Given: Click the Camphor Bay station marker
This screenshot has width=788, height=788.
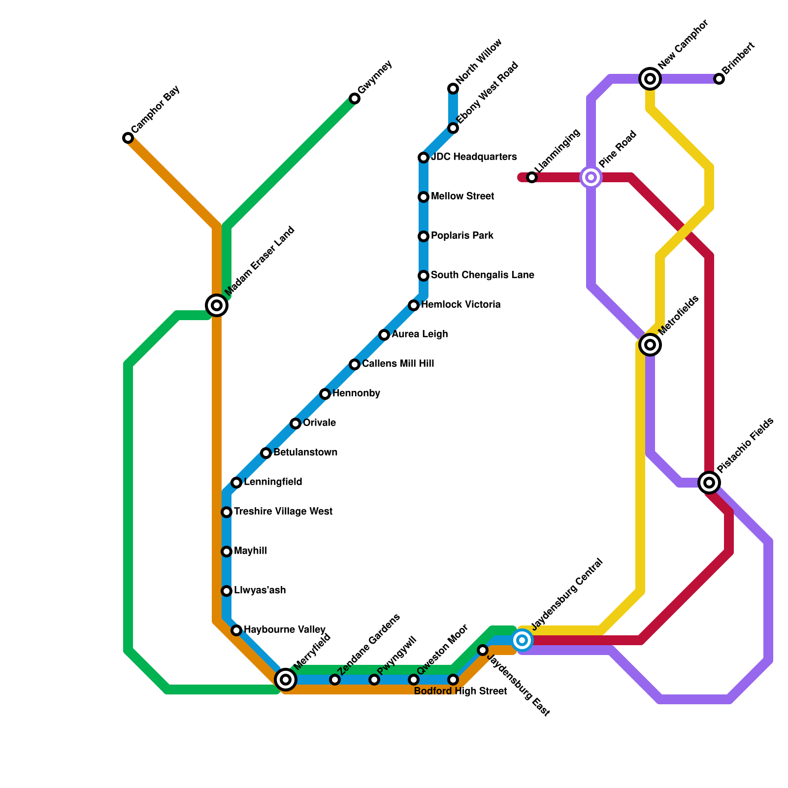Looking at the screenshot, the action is (x=128, y=138).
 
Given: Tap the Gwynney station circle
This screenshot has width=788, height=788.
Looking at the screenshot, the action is (x=355, y=98).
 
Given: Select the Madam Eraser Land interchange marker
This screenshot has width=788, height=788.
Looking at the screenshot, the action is (x=217, y=305).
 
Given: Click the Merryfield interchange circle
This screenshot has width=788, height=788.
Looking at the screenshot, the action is (x=286, y=680).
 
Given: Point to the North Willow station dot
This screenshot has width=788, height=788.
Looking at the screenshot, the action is (x=453, y=89).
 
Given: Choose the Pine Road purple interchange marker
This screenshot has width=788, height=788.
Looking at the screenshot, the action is (x=591, y=177).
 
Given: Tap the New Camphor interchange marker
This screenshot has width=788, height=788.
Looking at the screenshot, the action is (x=650, y=79).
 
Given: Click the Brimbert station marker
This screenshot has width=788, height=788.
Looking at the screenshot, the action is (x=719, y=79).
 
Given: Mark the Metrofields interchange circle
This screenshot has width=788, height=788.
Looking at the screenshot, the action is (x=650, y=345).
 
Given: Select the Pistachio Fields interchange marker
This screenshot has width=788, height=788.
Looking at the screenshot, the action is (x=709, y=483).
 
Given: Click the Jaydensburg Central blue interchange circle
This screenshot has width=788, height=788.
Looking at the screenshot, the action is (x=522, y=640).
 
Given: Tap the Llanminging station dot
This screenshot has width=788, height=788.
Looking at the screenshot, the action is (x=532, y=177).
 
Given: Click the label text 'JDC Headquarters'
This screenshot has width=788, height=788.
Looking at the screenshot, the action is (x=474, y=157).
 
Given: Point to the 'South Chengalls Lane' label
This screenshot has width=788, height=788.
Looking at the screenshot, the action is (x=482, y=275).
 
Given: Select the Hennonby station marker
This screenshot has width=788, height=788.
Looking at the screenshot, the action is (x=325, y=394).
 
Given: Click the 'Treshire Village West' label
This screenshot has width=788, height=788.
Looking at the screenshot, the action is (x=283, y=512).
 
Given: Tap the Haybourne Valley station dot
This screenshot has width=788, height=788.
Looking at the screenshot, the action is (x=236, y=630).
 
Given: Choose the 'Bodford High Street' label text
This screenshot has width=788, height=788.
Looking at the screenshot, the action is (x=460, y=691).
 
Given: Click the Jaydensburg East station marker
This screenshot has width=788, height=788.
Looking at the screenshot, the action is (x=483, y=650).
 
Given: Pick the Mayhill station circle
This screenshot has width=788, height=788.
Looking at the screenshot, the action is (x=227, y=552).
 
